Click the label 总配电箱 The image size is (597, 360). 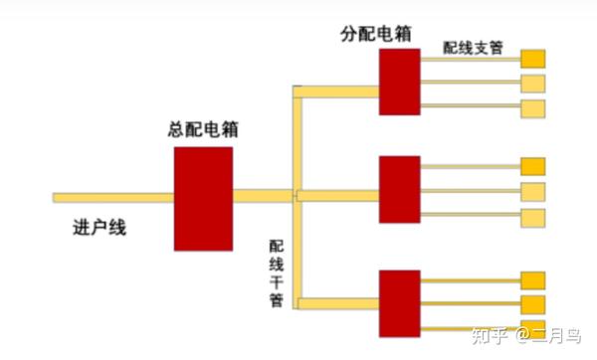tap(203, 129)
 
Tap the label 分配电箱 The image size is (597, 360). tap(374, 33)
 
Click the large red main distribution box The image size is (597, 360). tap(203, 198)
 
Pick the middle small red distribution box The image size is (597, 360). tap(399, 189)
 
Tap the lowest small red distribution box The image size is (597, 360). tap(399, 302)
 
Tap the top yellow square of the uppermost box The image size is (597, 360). tap(533, 58)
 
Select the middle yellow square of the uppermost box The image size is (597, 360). tap(533, 82)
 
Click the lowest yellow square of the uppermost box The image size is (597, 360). tap(533, 106)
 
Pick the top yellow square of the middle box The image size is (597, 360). tap(533, 166)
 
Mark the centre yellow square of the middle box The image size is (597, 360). tap(533, 191)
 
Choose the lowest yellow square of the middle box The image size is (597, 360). tap(533, 217)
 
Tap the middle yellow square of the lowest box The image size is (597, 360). tap(533, 303)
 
